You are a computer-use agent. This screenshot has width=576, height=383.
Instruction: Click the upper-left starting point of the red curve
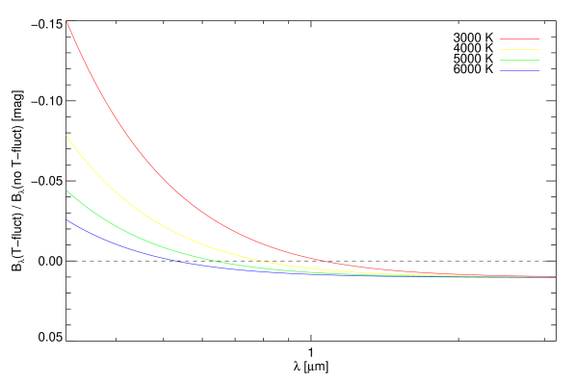tap(66, 21)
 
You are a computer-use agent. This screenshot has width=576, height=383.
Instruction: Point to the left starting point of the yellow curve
tap(66, 136)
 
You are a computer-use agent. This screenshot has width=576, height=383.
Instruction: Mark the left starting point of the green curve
tap(66, 191)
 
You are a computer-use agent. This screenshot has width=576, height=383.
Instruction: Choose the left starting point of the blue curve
tap(66, 220)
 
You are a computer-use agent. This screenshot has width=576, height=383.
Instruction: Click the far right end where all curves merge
tap(555, 276)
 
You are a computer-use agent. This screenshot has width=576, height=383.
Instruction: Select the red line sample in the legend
tap(519, 39)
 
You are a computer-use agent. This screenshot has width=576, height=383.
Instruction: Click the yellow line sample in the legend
tap(519, 49)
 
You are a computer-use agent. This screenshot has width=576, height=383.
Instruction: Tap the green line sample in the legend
tap(519, 60)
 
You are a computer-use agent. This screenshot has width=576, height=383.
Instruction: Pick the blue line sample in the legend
tap(519, 70)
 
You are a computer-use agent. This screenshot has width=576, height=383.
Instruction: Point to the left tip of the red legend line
tap(499, 39)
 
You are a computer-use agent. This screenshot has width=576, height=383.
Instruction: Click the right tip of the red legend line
tap(539, 39)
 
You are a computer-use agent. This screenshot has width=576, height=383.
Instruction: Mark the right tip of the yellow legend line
tap(539, 49)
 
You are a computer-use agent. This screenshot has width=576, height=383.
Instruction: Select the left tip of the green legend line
tap(499, 60)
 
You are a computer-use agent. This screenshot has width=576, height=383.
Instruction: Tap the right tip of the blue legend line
tap(539, 70)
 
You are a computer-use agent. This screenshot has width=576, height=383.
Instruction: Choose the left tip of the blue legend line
tap(499, 70)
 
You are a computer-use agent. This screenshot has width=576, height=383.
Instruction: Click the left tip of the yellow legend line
tap(499, 49)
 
